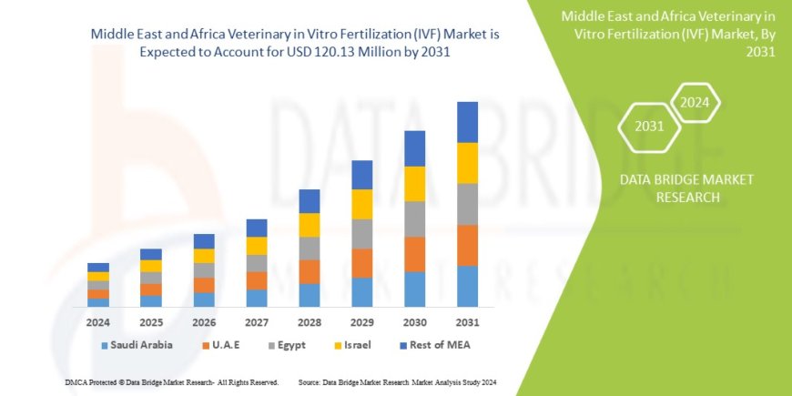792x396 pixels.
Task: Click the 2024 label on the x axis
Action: pyautogui.click(x=98, y=322)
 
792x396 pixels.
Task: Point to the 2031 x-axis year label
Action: pyautogui.click(x=467, y=322)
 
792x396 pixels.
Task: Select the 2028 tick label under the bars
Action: pyautogui.click(x=309, y=322)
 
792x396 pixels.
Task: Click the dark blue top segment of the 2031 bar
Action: pyautogui.click(x=467, y=122)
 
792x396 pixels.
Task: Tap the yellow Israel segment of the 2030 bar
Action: pyautogui.click(x=414, y=184)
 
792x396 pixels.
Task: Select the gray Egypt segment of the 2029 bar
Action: pyautogui.click(x=361, y=234)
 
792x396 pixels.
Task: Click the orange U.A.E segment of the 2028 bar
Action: pyautogui.click(x=309, y=271)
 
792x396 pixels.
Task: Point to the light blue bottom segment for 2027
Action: pyautogui.click(x=257, y=298)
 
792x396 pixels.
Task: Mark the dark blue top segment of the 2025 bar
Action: pyautogui.click(x=151, y=254)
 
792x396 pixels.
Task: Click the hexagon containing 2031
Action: pyautogui.click(x=649, y=127)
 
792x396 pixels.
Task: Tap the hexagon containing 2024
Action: pyautogui.click(x=695, y=103)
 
